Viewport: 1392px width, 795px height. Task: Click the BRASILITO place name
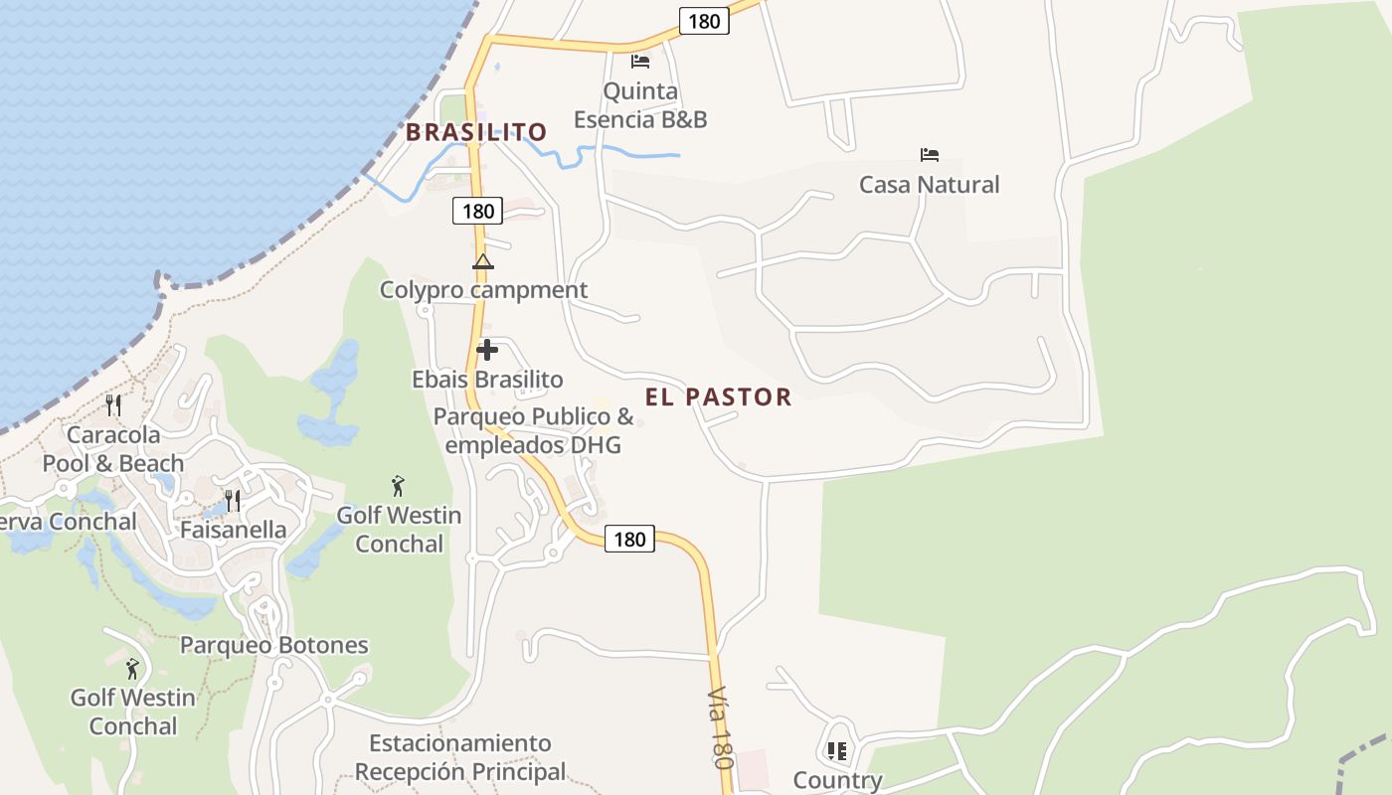click(476, 132)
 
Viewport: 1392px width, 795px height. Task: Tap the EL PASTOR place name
click(718, 397)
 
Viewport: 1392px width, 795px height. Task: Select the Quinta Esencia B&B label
click(640, 105)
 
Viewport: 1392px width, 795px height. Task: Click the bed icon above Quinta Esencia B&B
click(640, 62)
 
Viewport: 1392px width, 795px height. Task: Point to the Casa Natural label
click(929, 185)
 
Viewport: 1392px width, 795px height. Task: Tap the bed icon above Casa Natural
click(930, 155)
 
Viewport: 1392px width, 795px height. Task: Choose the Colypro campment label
click(483, 290)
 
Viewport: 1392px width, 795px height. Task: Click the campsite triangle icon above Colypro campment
click(483, 262)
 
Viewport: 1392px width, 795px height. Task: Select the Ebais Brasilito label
click(487, 380)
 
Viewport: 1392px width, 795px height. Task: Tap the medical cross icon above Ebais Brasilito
click(487, 350)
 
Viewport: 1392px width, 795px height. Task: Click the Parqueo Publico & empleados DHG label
click(533, 430)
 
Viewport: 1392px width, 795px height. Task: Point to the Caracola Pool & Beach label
click(113, 449)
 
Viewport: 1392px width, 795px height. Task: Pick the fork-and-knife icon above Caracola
click(113, 405)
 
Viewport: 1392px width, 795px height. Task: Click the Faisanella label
click(233, 530)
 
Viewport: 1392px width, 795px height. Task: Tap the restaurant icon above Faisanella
click(233, 500)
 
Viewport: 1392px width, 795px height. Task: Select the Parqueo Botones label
click(273, 645)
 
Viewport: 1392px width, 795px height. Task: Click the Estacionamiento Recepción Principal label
click(459, 757)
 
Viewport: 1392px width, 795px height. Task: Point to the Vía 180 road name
click(720, 727)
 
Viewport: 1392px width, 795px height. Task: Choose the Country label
click(837, 780)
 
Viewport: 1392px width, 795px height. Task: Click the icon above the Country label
click(837, 751)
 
